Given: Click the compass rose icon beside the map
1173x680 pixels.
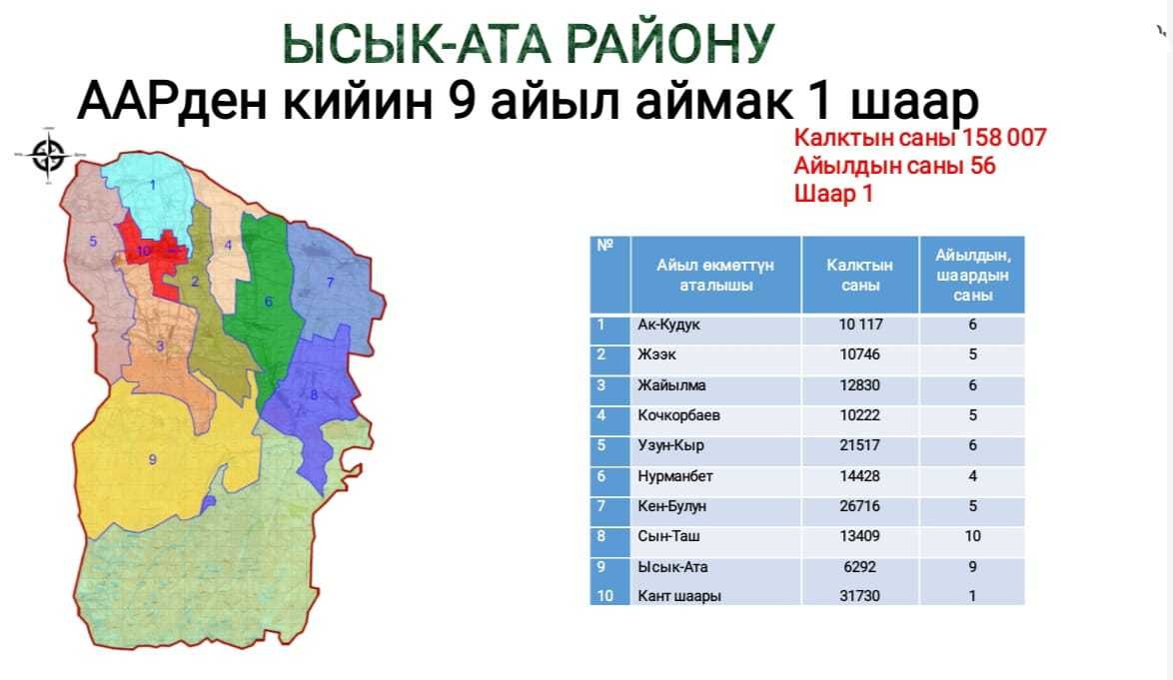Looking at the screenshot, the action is coord(49,156).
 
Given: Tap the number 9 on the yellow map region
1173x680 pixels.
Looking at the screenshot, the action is coord(153,458).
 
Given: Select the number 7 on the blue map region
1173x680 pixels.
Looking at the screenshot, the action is coord(330,282).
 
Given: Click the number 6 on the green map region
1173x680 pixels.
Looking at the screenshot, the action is coord(268,302).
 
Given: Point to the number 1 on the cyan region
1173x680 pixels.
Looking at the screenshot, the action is coord(153,184).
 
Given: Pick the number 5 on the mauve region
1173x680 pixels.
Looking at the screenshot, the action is coord(94,241).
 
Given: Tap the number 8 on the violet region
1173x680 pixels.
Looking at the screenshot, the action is coord(314,394).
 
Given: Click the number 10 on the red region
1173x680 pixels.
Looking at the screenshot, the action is coord(144,251).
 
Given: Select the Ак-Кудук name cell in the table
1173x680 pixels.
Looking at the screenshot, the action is coord(668,326).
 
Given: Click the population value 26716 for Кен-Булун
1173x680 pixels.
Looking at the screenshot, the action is coord(859,506).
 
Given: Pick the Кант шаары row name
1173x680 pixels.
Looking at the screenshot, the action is coord(679,596).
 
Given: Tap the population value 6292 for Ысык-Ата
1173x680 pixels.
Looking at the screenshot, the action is coord(859,566).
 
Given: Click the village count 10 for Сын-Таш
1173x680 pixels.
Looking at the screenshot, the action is coord(972,536).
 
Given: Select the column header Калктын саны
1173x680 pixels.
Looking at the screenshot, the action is coord(859,275).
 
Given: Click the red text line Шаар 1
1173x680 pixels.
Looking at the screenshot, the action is coord(833,194).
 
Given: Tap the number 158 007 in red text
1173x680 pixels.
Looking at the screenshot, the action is coord(1004,138).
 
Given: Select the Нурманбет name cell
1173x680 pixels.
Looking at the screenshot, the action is coord(674,476).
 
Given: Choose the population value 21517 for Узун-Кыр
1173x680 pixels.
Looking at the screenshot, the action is coord(859,445).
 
